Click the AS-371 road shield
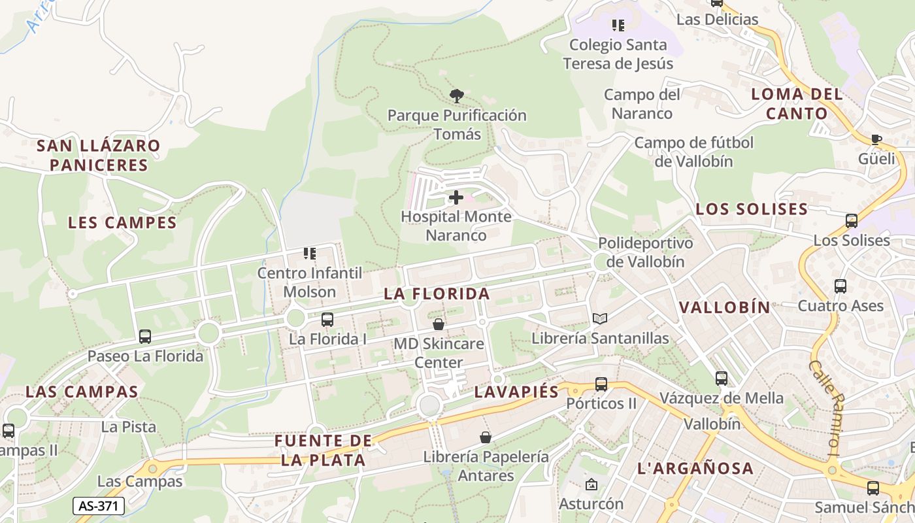[x=98, y=506]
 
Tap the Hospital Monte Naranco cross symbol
[x=456, y=197]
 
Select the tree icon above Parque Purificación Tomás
[x=457, y=96]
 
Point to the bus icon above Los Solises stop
[x=852, y=220]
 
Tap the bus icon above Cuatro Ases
[x=840, y=286]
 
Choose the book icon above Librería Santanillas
[x=599, y=318]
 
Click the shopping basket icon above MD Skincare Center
[x=439, y=324]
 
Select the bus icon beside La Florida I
[x=327, y=319]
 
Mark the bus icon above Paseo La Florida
[x=145, y=337]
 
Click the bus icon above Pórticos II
[x=601, y=384]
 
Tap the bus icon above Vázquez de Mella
[x=722, y=378]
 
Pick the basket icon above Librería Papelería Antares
[x=486, y=437]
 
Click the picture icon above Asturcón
[x=591, y=484]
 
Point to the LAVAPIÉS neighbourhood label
[x=516, y=392]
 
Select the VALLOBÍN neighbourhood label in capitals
[x=725, y=307]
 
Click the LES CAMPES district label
[x=122, y=222]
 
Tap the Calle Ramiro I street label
[x=827, y=407]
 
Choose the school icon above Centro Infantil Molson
[x=310, y=253]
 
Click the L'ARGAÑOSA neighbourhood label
[x=695, y=468]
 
